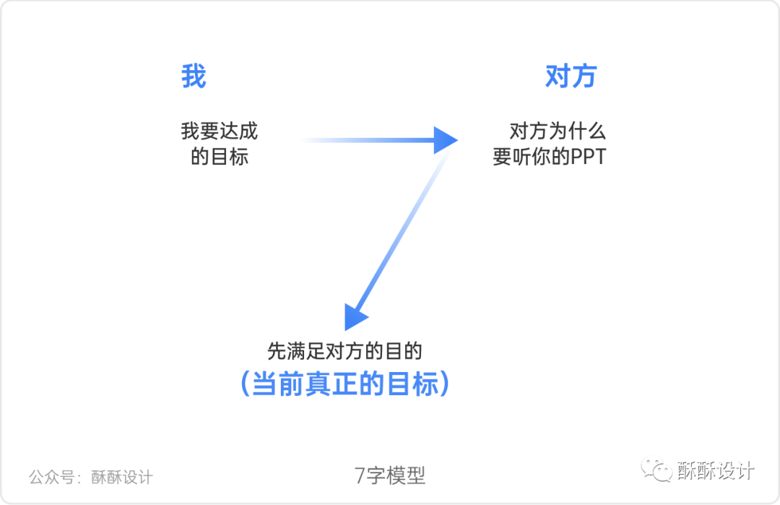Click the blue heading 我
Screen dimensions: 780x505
click(194, 76)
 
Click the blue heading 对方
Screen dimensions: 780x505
click(571, 76)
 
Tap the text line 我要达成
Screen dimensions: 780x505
click(220, 131)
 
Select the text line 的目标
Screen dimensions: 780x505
click(220, 157)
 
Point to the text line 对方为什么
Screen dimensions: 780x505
click(558, 131)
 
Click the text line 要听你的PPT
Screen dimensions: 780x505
click(549, 157)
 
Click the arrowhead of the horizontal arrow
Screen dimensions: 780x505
click(445, 139)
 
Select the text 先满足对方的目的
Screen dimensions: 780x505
click(344, 352)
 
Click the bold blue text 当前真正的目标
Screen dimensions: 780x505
click(344, 384)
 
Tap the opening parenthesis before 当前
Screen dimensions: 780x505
click(245, 384)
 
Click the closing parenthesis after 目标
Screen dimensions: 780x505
click(444, 384)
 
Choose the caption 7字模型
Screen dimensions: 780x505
click(390, 475)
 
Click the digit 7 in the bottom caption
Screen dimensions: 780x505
click(360, 475)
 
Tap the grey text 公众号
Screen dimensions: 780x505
click(49, 477)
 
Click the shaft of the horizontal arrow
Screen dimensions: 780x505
click(368, 139)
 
